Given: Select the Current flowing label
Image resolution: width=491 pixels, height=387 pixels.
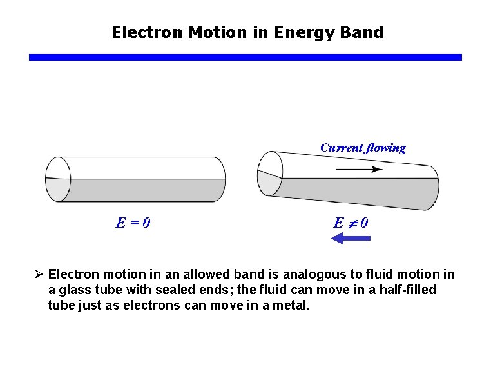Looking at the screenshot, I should pos(363,148).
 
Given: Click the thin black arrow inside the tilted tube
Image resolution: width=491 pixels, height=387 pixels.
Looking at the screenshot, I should pos(359,170).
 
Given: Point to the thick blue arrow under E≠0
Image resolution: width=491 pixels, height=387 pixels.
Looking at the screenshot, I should pos(351,239).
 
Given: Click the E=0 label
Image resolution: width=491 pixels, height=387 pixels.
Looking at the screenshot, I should pos(133,223).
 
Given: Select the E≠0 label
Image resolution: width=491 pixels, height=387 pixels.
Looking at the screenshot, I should pos(351,223).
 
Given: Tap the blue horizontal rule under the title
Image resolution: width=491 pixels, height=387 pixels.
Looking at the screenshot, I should pos(245,57).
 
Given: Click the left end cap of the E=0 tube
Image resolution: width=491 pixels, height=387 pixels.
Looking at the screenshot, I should pos(57,179).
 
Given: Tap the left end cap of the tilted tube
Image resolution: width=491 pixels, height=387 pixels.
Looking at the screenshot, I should pos(269,173).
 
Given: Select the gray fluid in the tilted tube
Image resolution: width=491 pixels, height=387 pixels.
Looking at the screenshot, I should pos(361,192).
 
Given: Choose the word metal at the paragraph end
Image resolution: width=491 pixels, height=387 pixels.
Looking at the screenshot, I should pos(292,304).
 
